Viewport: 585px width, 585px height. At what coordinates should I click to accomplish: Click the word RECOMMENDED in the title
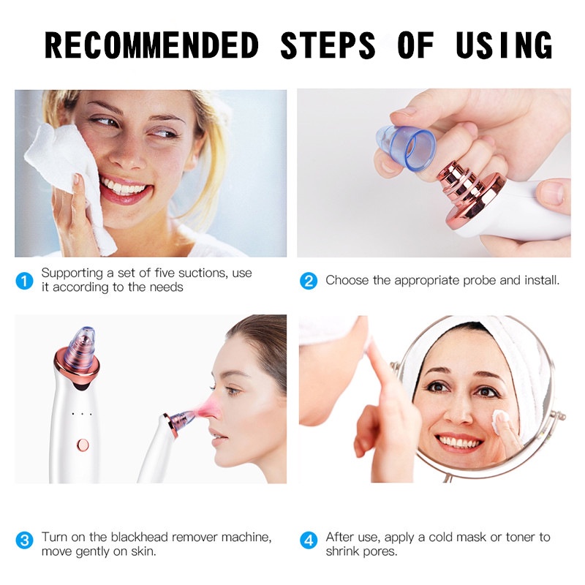(x=151, y=46)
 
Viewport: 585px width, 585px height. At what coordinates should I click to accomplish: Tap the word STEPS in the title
(x=328, y=46)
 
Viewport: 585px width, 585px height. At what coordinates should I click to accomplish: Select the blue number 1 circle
(x=25, y=280)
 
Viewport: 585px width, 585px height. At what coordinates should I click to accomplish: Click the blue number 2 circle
(x=309, y=280)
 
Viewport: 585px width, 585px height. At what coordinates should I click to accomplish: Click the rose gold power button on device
(x=83, y=444)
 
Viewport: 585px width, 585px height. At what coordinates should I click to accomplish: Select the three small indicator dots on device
(x=83, y=415)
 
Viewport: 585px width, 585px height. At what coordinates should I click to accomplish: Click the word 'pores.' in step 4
(x=380, y=551)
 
